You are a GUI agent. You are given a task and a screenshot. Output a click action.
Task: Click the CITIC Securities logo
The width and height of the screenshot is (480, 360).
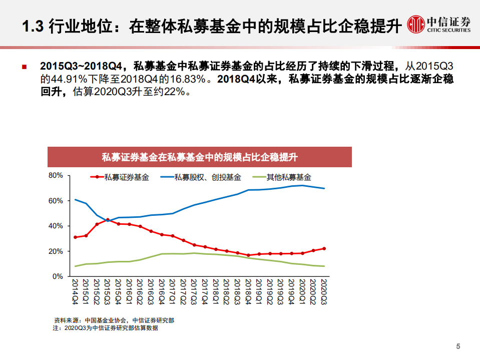click(438, 24)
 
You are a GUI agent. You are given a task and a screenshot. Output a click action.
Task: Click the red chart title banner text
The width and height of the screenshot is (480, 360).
click(199, 158)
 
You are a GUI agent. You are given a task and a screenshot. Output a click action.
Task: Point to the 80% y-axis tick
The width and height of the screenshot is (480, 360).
click(56, 176)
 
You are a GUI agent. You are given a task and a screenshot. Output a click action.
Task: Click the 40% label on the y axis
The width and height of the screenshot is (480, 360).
click(56, 226)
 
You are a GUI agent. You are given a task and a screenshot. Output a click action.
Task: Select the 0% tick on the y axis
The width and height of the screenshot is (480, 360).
click(58, 276)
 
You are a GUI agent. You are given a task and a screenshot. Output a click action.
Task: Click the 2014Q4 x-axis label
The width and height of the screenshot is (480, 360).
click(76, 291)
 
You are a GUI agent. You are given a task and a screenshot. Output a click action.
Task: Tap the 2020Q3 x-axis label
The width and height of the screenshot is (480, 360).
click(324, 291)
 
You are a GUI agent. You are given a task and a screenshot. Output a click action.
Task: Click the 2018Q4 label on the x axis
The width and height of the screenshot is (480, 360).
click(248, 291)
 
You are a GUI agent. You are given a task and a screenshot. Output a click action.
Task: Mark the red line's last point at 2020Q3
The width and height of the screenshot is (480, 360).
click(324, 248)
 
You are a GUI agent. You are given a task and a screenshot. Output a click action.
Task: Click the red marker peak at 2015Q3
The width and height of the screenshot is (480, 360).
click(108, 220)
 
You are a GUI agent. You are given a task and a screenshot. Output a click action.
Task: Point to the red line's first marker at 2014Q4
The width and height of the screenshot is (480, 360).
click(76, 237)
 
